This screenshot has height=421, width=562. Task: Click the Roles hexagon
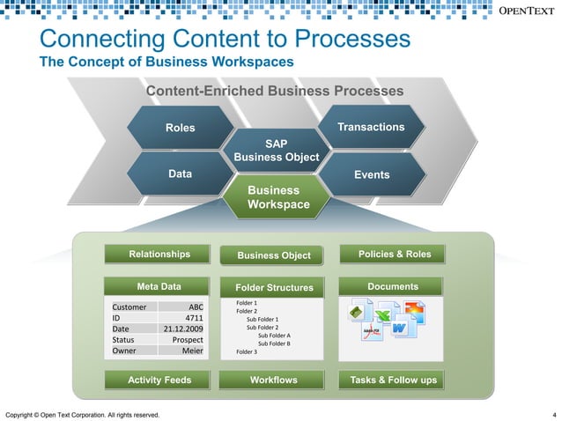(x=181, y=129)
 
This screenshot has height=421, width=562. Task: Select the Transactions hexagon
(x=371, y=128)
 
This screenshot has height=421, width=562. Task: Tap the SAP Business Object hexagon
(x=276, y=150)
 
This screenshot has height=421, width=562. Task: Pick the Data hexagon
(x=181, y=174)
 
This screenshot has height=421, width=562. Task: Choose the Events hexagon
(x=371, y=175)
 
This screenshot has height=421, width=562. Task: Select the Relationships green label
(x=159, y=255)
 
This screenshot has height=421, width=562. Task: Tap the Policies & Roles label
(x=394, y=255)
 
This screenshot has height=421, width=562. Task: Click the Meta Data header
(x=159, y=286)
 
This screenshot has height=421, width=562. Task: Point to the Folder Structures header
(x=274, y=287)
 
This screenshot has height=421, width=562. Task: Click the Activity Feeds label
(x=159, y=380)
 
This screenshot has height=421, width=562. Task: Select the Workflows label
(x=274, y=380)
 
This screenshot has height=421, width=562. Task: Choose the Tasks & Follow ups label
(x=393, y=380)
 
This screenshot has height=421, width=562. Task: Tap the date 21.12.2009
(x=183, y=329)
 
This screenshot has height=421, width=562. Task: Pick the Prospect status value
(x=188, y=339)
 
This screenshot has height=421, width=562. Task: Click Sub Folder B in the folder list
(x=273, y=343)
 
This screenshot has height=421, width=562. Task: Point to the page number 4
(x=553, y=415)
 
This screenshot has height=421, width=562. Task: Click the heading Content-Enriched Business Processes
(x=274, y=92)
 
